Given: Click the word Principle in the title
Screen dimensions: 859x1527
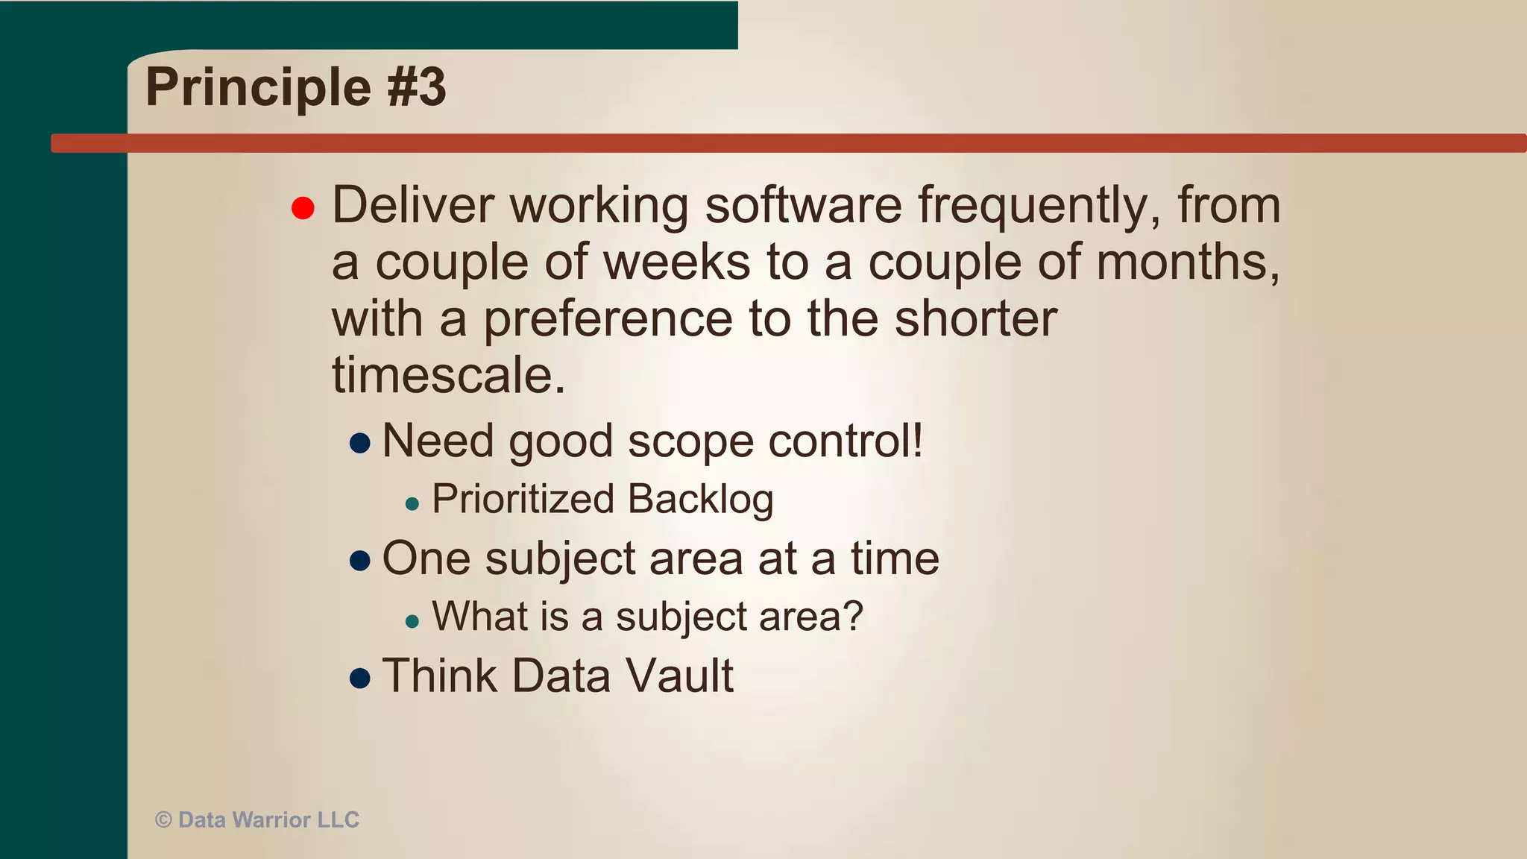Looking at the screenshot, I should click(258, 88).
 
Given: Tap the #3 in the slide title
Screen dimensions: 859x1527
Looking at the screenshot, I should click(416, 86).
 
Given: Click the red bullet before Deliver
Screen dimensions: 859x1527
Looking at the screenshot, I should click(303, 208).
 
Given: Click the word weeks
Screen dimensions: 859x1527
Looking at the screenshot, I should click(676, 262).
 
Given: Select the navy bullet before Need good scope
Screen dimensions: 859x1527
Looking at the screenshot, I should click(360, 443).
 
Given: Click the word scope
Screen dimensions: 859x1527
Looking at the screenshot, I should click(690, 442).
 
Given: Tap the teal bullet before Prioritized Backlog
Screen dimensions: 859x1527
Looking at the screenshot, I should click(412, 504).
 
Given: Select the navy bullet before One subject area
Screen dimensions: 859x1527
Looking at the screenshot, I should click(360, 561).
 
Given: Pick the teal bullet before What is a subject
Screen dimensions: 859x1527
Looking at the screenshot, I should click(412, 620).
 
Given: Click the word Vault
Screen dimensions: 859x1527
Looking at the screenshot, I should click(679, 676).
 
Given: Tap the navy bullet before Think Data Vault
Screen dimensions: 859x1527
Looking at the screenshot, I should click(360, 678).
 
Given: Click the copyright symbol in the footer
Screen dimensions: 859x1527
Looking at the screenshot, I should click(163, 820).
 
